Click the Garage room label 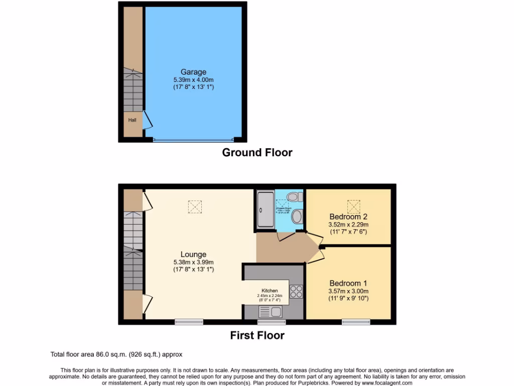[193, 72]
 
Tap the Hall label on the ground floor [132, 120]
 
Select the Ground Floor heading [257, 152]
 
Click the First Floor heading [257, 335]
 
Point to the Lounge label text [193, 254]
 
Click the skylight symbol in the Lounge [194, 207]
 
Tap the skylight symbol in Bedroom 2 [354, 207]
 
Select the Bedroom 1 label [348, 283]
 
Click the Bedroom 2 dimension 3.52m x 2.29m [348, 225]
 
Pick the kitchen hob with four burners [296, 292]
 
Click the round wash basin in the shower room [297, 217]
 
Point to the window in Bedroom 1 [356, 322]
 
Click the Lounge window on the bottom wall [189, 322]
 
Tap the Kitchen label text [270, 291]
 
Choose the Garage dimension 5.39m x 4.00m [193, 80]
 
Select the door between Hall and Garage [147, 121]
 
